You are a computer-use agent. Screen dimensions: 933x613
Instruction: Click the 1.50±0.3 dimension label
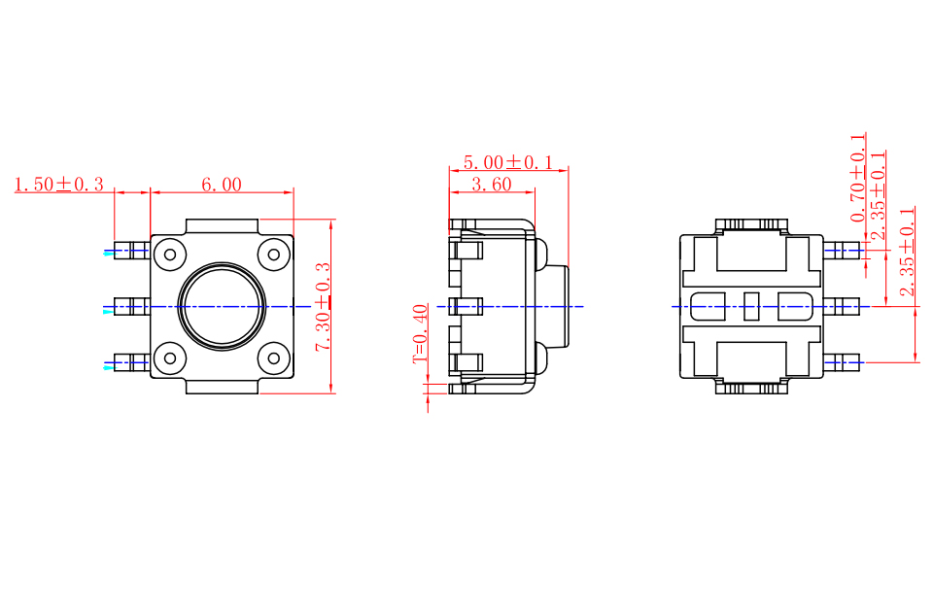(59, 185)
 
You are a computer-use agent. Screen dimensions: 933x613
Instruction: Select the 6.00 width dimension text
(222, 185)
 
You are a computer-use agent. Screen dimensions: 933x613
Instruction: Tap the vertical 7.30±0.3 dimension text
(323, 307)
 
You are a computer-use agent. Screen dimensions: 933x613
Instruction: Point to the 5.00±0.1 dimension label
(508, 162)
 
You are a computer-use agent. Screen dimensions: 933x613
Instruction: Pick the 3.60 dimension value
(492, 185)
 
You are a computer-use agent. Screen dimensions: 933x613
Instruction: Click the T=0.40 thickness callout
(420, 333)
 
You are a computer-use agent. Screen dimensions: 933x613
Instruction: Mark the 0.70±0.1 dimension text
(857, 178)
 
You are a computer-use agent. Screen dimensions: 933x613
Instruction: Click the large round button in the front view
(222, 306)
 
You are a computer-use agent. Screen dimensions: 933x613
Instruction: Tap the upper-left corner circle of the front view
(170, 255)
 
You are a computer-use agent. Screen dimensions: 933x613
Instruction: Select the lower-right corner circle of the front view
(274, 358)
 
